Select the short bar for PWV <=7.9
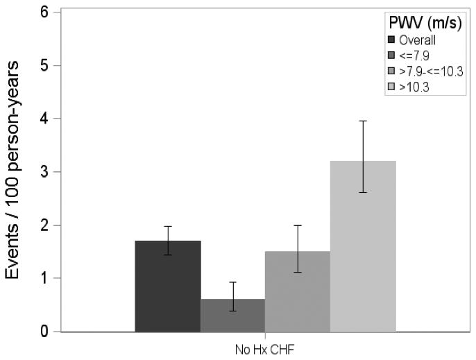click(232, 316)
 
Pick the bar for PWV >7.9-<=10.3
click(297, 291)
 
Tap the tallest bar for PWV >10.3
click(363, 246)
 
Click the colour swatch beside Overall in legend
click(392, 40)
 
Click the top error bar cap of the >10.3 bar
click(363, 121)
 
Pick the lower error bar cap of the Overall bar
click(168, 255)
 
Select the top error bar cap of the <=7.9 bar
click(232, 282)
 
